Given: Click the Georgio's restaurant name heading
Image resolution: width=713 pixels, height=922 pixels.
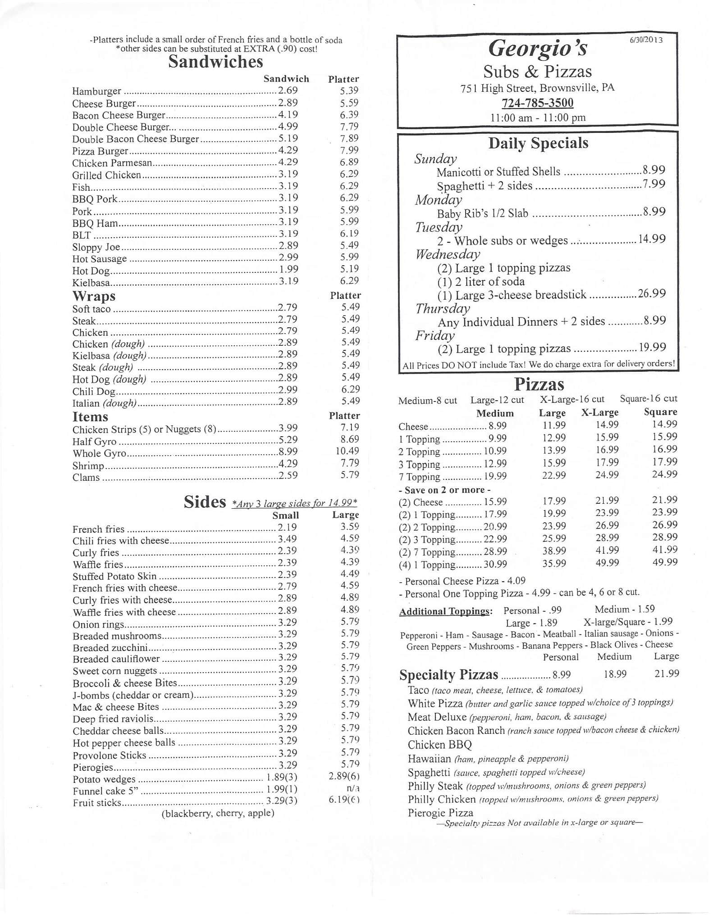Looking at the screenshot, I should (538, 49).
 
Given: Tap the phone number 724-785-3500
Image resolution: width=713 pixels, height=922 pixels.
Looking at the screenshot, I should (538, 103).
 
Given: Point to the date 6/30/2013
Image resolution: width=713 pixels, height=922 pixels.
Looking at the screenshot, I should (646, 40).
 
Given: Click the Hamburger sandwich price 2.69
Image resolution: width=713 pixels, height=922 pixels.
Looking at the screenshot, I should (288, 90).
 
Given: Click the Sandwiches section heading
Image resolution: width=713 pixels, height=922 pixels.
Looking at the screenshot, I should (215, 62).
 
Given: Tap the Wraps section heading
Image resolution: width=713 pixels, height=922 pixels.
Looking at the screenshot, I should (94, 296).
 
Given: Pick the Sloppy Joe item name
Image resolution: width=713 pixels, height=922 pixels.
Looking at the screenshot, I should (96, 247).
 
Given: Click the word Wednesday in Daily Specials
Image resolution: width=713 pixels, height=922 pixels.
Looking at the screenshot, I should (447, 254).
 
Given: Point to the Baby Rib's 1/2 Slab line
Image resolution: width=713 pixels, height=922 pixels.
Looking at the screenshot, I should (482, 213).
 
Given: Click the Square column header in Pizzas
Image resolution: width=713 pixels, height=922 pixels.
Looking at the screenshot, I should (660, 412).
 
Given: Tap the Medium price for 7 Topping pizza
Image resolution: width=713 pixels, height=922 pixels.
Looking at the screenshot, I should (495, 476).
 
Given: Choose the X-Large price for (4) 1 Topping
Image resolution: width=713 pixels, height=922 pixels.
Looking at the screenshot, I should (607, 563).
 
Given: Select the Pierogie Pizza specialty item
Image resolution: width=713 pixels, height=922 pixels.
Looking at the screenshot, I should (440, 813).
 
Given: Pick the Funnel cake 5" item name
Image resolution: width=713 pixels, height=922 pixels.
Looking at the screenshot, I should (105, 791).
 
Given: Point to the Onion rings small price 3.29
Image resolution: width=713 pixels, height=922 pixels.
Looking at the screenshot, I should (288, 622).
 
